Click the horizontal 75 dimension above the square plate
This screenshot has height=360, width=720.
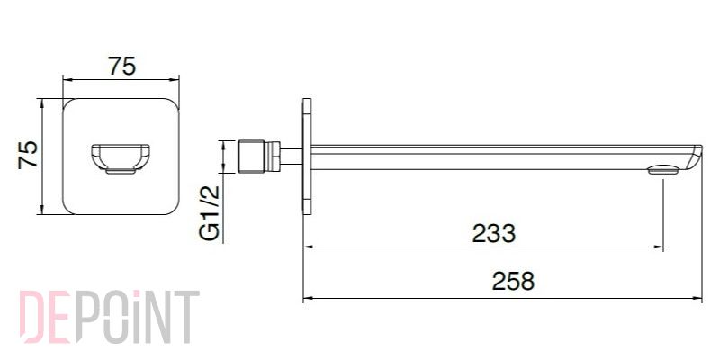coord(122,66)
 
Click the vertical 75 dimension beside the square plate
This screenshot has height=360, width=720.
coord(28,156)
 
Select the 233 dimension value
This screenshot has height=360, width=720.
coord(494,234)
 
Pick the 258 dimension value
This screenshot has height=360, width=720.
coord(513,282)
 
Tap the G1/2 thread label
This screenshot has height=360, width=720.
coord(210,212)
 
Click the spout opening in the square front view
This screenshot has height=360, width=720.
coord(121,159)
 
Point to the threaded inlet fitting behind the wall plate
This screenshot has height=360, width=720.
coord(252,157)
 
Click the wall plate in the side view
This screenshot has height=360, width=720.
coord(307,157)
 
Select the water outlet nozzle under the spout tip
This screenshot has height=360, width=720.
coord(663,171)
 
